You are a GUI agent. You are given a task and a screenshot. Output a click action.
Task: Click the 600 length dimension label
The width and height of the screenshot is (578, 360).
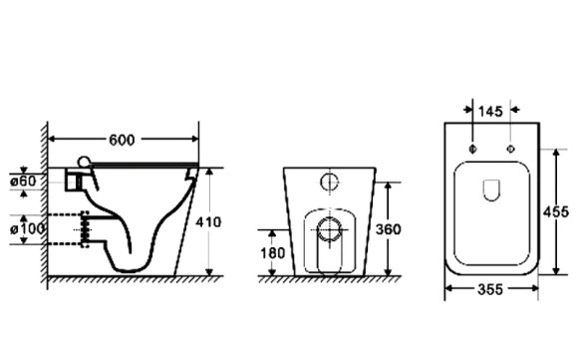pos(122,140)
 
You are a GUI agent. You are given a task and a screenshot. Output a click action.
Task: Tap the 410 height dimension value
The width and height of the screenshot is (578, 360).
pos(208,222)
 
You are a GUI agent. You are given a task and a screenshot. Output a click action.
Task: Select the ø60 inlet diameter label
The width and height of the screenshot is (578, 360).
pos(23,181)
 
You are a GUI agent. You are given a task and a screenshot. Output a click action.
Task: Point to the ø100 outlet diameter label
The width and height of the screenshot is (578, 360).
pos(27,228)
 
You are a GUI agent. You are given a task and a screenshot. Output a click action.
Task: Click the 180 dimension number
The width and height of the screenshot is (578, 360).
pos(272,253)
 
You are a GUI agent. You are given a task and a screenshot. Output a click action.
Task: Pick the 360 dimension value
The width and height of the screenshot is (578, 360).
pos(388,229)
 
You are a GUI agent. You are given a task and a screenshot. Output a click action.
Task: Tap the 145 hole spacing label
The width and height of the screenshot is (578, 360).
pos(490,112)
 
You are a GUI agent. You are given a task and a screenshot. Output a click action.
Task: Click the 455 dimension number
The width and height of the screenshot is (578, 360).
pos(556,212)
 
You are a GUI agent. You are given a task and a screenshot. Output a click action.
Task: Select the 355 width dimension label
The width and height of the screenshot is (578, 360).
pos(490,289)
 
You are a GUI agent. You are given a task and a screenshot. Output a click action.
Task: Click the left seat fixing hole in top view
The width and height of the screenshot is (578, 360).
pos(473,149)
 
